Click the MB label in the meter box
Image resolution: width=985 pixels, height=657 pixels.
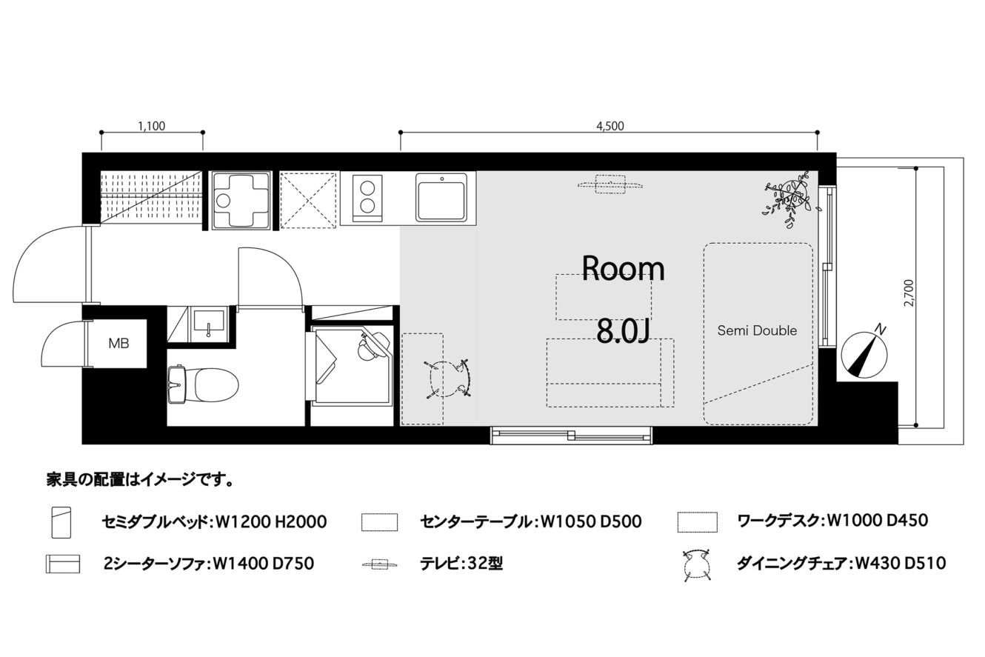(x=118, y=344)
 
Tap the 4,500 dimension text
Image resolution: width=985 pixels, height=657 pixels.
(x=610, y=126)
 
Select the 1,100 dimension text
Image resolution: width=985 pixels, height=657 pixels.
(x=152, y=126)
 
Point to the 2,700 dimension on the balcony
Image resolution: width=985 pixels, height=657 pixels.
(x=909, y=293)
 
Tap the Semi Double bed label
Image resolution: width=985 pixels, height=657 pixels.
(x=757, y=330)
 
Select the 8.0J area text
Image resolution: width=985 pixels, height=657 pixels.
(x=623, y=332)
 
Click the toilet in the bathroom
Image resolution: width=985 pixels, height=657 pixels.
(x=203, y=385)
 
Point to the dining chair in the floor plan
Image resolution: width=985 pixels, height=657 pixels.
(x=447, y=378)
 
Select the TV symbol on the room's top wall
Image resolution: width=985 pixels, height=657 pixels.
(x=610, y=184)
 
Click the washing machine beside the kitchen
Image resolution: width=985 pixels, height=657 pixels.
(x=241, y=200)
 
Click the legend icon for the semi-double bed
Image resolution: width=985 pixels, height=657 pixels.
(x=61, y=522)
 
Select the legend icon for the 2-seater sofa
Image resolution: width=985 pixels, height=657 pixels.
(x=63, y=564)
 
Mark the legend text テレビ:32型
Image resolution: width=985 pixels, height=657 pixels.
(x=461, y=563)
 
